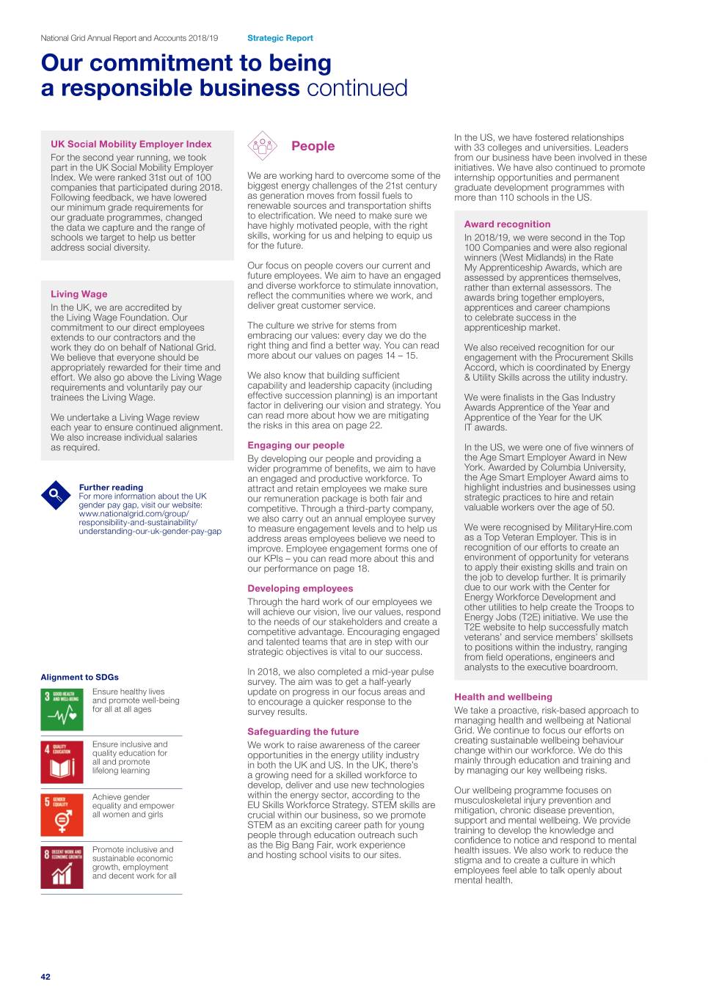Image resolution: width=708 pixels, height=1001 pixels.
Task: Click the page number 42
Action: pyautogui.click(x=45, y=977)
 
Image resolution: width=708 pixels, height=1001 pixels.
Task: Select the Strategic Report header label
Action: pyautogui.click(x=280, y=38)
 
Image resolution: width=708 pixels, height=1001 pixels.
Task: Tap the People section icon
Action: pyautogui.click(x=262, y=146)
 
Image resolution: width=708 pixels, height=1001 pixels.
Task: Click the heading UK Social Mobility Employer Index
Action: pyautogui.click(x=131, y=144)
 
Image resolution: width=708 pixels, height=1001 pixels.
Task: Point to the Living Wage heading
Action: pyautogui.click(x=79, y=294)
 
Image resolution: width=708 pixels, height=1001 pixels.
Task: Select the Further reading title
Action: pyautogui.click(x=111, y=487)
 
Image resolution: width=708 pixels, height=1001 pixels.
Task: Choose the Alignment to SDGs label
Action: pyautogui.click(x=79, y=677)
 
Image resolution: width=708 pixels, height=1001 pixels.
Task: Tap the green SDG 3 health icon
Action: pyautogui.click(x=62, y=709)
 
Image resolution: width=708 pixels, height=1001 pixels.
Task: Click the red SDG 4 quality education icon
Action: pyautogui.click(x=62, y=762)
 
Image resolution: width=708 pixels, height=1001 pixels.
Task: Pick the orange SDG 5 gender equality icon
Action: pyautogui.click(x=62, y=815)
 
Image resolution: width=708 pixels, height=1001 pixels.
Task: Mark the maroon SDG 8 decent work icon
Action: pyautogui.click(x=62, y=868)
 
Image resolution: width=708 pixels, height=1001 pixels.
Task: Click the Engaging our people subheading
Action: pyautogui.click(x=296, y=445)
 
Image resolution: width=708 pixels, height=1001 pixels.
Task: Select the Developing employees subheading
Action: pyautogui.click(x=300, y=588)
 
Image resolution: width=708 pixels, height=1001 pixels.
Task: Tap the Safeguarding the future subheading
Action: pyautogui.click(x=303, y=731)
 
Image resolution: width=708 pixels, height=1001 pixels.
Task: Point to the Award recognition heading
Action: pyautogui.click(x=507, y=224)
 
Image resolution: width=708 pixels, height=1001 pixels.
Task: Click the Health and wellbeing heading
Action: pyautogui.click(x=503, y=697)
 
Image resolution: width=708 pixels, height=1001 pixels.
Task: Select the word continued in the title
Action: pyautogui.click(x=357, y=89)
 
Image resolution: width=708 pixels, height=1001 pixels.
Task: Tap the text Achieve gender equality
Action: pyautogui.click(x=121, y=797)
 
